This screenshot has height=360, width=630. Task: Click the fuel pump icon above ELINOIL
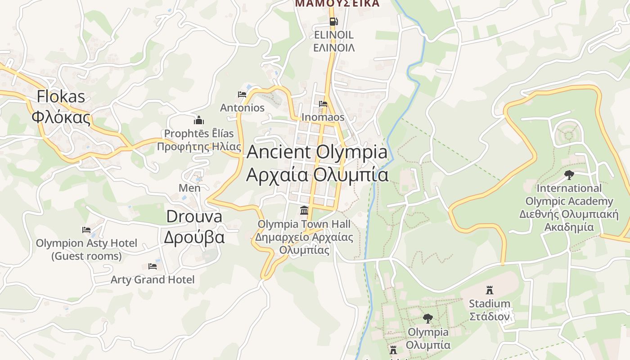coord(333,21)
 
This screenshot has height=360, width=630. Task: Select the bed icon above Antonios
coord(242,94)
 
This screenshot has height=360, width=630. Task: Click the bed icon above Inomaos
coord(323,104)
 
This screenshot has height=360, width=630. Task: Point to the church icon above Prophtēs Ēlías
coord(199,120)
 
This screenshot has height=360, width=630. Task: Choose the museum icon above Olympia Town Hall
coord(304,210)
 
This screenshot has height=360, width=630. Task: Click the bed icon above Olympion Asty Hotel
coord(86,230)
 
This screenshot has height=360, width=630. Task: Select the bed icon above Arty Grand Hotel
coord(153,266)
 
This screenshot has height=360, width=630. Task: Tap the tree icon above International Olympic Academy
coord(569,175)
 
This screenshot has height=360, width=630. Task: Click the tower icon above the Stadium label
coord(490,290)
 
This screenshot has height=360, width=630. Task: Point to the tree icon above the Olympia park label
coord(428,319)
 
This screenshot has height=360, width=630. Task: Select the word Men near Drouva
coord(189,188)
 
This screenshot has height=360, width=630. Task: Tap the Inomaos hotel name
coord(323,117)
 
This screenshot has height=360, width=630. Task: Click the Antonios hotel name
coord(242,108)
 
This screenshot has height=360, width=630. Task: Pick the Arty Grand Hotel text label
coord(153,279)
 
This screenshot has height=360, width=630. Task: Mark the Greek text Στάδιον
coord(489,316)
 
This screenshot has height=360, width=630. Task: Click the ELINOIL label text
coord(333,35)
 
